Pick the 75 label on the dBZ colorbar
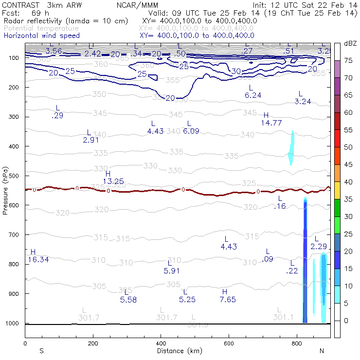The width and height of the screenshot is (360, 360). tap(348, 60)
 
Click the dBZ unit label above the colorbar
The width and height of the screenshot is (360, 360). tap(349, 43)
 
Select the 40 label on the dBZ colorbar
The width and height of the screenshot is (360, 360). tap(348, 181)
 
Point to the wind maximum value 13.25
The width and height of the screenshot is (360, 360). tap(113, 181)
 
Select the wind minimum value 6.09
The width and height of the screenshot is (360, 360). tap(191, 131)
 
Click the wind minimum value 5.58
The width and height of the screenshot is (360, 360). tap(128, 299)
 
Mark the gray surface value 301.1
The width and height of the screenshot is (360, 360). tap(283, 317)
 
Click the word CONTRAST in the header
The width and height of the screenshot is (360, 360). tap(19, 4)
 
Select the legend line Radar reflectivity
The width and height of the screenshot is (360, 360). tap(66, 21)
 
